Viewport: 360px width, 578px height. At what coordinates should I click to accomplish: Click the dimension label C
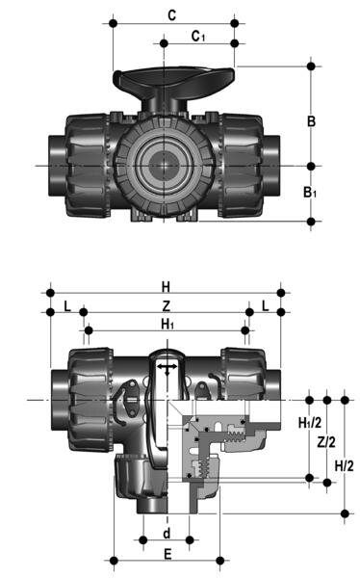[171, 14]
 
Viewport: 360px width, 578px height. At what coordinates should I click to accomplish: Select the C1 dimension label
[198, 36]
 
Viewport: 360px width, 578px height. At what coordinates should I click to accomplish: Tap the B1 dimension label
[310, 193]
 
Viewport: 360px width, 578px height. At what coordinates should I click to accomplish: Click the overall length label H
[166, 286]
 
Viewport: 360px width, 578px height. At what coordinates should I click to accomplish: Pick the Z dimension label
[166, 305]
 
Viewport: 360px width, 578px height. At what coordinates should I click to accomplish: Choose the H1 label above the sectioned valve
[167, 325]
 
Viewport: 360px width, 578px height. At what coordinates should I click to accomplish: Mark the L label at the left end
[65, 305]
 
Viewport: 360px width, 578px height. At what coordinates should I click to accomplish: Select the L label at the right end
[265, 305]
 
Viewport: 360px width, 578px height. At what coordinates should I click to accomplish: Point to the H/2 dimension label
[344, 466]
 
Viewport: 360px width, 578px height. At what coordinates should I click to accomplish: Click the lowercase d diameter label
[166, 533]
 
